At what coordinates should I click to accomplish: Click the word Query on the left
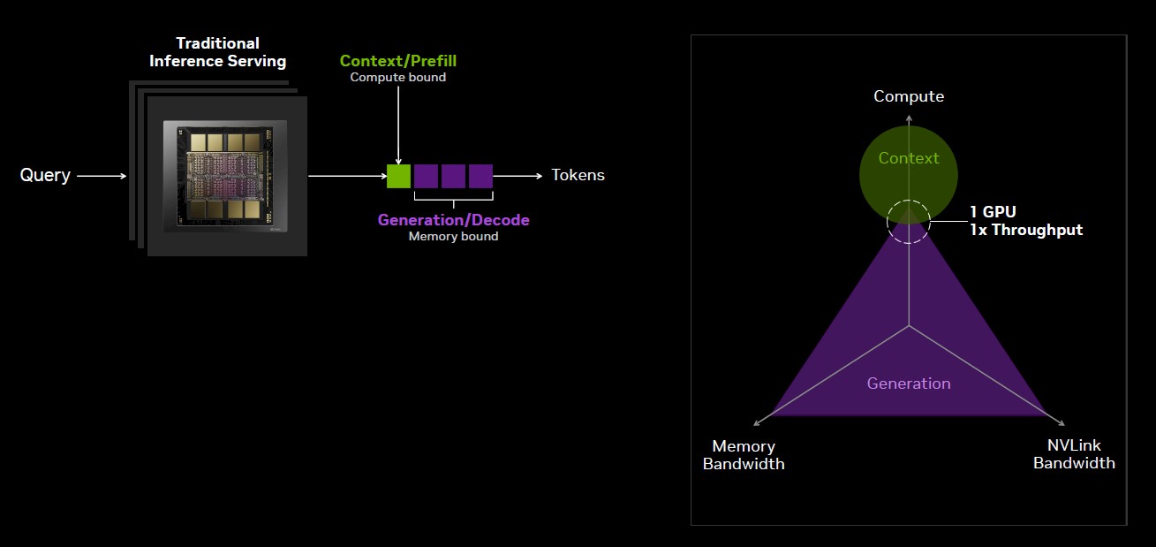pyautogui.click(x=45, y=175)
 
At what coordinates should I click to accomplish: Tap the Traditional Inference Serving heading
pyautogui.click(x=217, y=52)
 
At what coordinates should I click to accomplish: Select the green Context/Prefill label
pyautogui.click(x=398, y=61)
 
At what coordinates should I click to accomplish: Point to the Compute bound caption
pyautogui.click(x=398, y=77)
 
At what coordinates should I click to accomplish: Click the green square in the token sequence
pyautogui.click(x=398, y=176)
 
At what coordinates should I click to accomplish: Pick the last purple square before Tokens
pyautogui.click(x=480, y=176)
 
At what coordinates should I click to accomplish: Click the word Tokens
pyautogui.click(x=578, y=175)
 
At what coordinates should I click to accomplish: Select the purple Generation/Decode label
pyautogui.click(x=453, y=220)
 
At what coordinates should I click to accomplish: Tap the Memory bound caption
pyautogui.click(x=453, y=236)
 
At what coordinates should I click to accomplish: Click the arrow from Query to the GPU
pyautogui.click(x=102, y=176)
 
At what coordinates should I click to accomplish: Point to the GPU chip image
pyautogui.click(x=227, y=176)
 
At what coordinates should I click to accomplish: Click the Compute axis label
pyautogui.click(x=909, y=96)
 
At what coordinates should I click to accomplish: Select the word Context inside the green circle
pyautogui.click(x=909, y=158)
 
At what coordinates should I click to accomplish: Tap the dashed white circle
pyautogui.click(x=909, y=222)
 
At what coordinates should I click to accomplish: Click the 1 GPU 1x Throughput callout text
pyautogui.click(x=1024, y=221)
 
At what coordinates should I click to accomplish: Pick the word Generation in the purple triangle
pyautogui.click(x=909, y=384)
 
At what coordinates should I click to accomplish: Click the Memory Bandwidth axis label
pyautogui.click(x=744, y=454)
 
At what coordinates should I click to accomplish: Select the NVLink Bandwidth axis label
pyautogui.click(x=1074, y=454)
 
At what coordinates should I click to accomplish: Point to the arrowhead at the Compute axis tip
pyautogui.click(x=909, y=114)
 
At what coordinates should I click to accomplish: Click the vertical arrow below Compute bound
pyautogui.click(x=398, y=124)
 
